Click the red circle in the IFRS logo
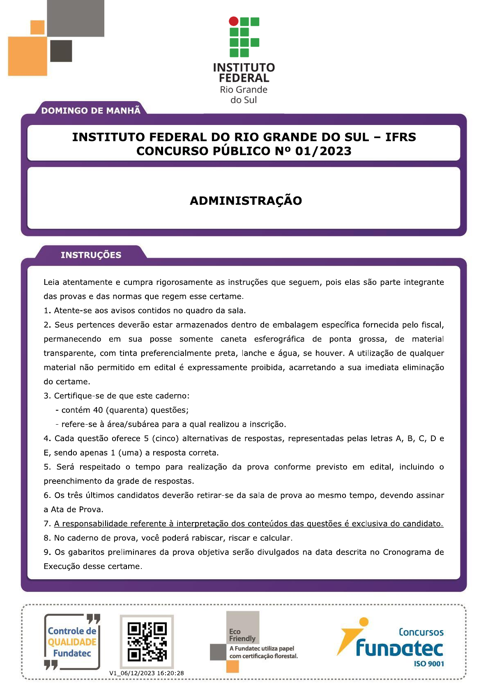coord(233,21)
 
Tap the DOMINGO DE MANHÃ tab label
coord(91,111)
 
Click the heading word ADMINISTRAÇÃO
coord(246,201)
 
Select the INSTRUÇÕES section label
coord(91,255)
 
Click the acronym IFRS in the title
coord(401,137)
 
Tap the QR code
coord(147,642)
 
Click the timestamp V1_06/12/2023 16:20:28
coord(147,673)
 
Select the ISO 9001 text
coord(429,664)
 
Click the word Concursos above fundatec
coord(421,632)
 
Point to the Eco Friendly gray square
coord(243,627)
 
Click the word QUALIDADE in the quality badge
coord(72,642)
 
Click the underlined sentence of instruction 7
coord(249,524)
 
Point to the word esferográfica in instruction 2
coord(279,339)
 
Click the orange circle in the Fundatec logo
coord(364,622)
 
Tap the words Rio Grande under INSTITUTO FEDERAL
coord(244,90)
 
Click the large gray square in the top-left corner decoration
coord(76,18)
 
